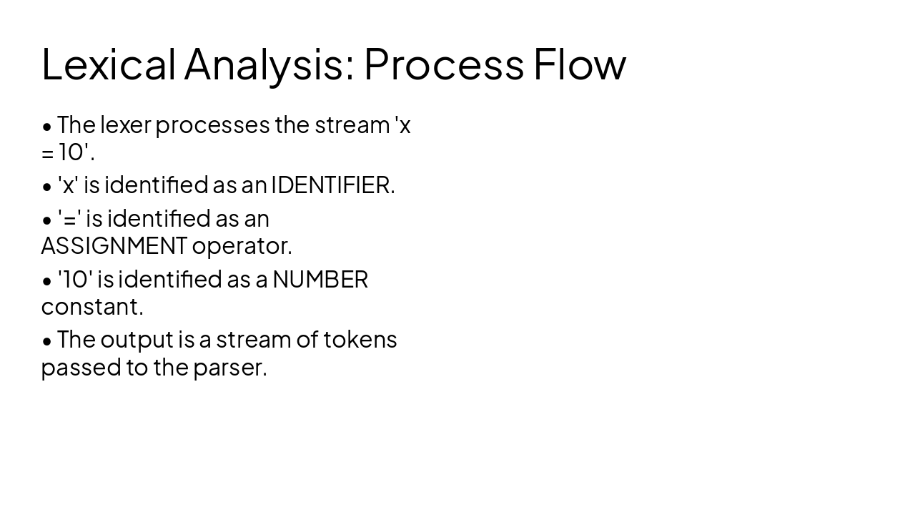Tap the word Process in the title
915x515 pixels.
[x=444, y=64]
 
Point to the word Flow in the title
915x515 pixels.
[x=580, y=64]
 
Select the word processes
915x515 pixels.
[x=212, y=125]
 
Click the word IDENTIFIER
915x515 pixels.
[x=332, y=185]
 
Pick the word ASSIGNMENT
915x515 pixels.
[x=114, y=245]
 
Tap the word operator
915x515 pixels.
[x=242, y=245]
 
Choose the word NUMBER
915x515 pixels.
[x=320, y=279]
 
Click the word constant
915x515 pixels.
[x=92, y=306]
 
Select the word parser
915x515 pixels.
[x=229, y=368]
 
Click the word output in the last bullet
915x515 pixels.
[x=138, y=339]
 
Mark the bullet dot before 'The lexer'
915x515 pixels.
[x=47, y=127]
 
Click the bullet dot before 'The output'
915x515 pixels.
[x=47, y=341]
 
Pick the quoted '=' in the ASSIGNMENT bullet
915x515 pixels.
[x=69, y=218]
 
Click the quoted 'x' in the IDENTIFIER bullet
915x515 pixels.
[x=67, y=185]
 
